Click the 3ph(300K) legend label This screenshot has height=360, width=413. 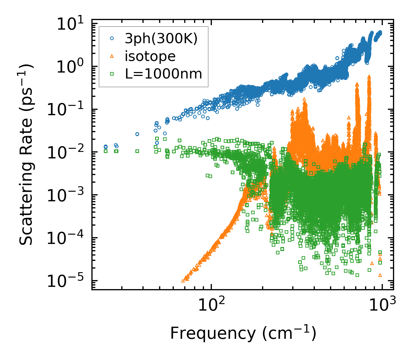(161, 39)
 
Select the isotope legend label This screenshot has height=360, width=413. (150, 56)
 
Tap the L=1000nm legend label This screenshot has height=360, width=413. (163, 74)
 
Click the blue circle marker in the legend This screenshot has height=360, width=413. (112, 39)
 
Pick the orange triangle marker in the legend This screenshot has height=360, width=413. (112, 56)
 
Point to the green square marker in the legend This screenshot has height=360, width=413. (112, 74)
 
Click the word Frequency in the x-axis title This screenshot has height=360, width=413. (212, 333)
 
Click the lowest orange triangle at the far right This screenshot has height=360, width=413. (380, 275)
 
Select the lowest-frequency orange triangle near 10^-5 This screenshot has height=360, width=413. (183, 281)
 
